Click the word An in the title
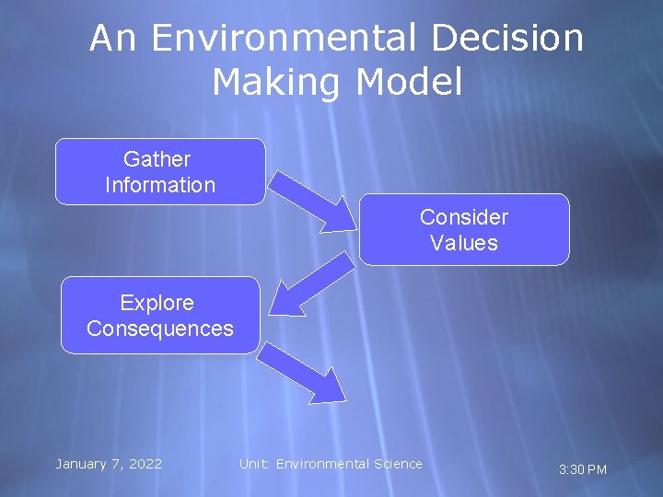coord(114,39)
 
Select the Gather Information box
coord(160,171)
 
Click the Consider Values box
coord(464,229)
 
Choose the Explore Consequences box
coord(160,315)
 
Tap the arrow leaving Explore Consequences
coord(304,370)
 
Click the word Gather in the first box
coord(157,159)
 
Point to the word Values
coord(464,243)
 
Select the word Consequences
coord(160,329)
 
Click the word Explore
coord(157,303)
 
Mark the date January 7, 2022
coord(109,464)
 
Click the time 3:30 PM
coord(583,469)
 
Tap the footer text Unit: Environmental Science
coord(331,464)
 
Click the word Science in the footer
coord(398,464)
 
